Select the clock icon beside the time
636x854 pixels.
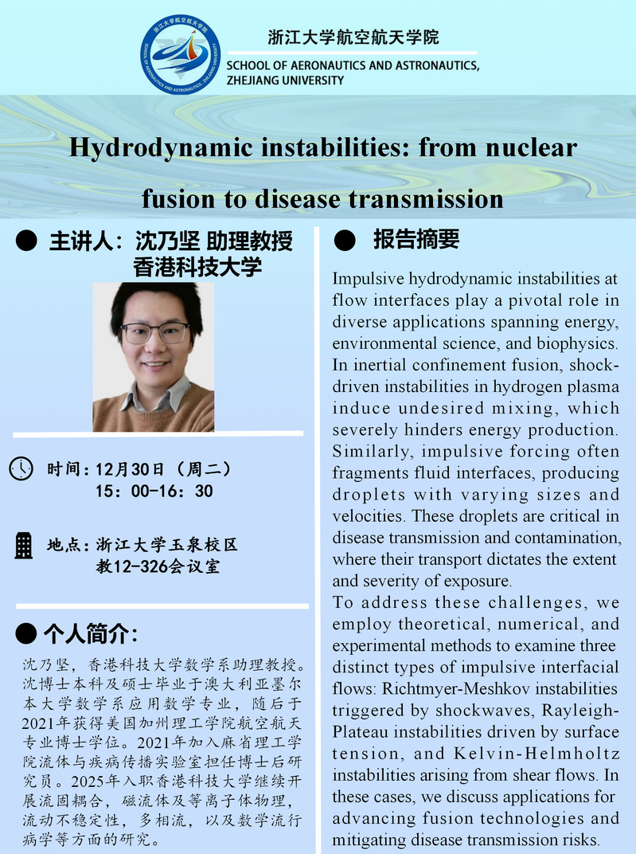tap(21, 468)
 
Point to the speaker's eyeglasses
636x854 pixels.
tap(154, 331)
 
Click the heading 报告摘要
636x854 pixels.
tap(416, 239)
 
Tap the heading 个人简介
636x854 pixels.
tap(91, 635)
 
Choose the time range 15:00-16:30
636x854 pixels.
tap(154, 492)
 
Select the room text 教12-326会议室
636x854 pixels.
tap(158, 567)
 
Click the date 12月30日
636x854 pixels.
tap(129, 468)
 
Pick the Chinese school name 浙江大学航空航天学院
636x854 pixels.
tap(353, 37)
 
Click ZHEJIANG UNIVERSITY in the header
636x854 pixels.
tap(286, 80)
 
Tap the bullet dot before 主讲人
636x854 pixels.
tap(26, 240)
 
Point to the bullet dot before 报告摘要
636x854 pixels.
tap(344, 239)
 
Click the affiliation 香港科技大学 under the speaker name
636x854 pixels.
tap(197, 267)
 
